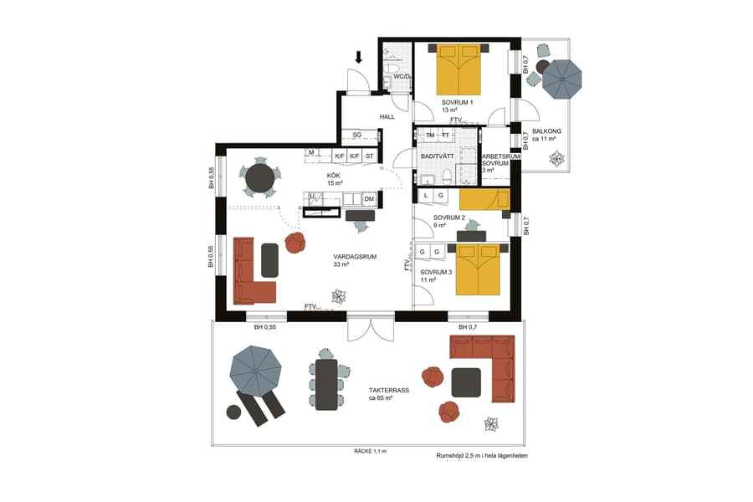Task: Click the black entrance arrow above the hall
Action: click(x=359, y=58)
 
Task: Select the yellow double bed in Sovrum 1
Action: click(x=459, y=69)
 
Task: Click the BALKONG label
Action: click(x=546, y=131)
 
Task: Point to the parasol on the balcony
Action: click(x=561, y=80)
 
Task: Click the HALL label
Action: click(x=387, y=117)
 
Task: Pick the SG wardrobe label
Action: click(x=356, y=135)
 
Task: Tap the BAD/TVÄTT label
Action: click(x=436, y=156)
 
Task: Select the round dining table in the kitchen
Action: click(x=259, y=178)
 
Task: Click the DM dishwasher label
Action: click(x=369, y=198)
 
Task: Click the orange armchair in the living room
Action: click(x=295, y=243)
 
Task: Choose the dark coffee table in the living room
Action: click(x=270, y=259)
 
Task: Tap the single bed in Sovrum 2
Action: click(x=484, y=200)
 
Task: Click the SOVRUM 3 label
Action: click(x=436, y=272)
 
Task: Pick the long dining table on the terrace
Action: click(x=326, y=384)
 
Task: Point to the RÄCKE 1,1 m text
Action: click(x=370, y=451)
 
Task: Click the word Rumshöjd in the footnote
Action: click(x=452, y=456)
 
